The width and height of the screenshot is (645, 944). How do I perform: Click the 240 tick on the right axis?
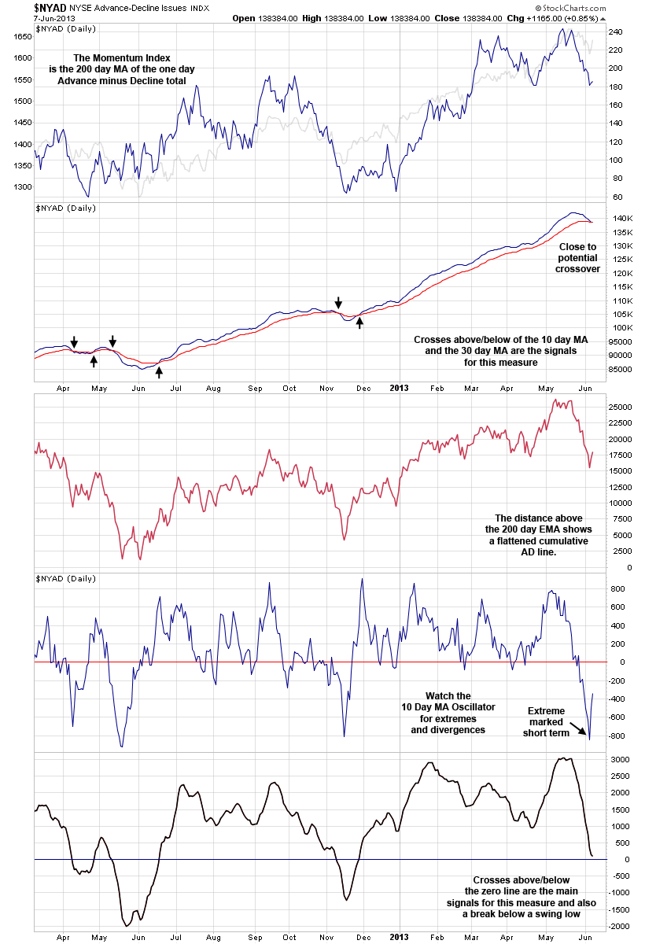pyautogui.click(x=615, y=31)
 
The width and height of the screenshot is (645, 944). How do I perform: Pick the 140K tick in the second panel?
pyautogui.click(x=619, y=218)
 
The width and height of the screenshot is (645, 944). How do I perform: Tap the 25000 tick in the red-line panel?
pyautogui.click(x=620, y=407)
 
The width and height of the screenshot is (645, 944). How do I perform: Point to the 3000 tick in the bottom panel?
pyautogui.click(x=617, y=759)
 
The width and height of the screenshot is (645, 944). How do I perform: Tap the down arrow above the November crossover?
pyautogui.click(x=338, y=303)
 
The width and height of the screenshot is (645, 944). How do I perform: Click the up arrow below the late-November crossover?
pyautogui.click(x=360, y=322)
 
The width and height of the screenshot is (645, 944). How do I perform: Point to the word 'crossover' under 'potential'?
pyautogui.click(x=578, y=268)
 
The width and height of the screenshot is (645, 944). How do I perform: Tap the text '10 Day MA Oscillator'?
pyautogui.click(x=448, y=707)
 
